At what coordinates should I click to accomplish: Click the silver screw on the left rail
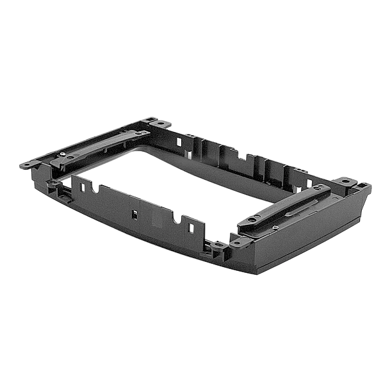tap(61, 154)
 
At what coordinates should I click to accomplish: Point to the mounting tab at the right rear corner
tap(347, 181)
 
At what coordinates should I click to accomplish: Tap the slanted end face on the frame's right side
tap(359, 205)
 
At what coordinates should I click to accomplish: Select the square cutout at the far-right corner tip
tap(362, 186)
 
